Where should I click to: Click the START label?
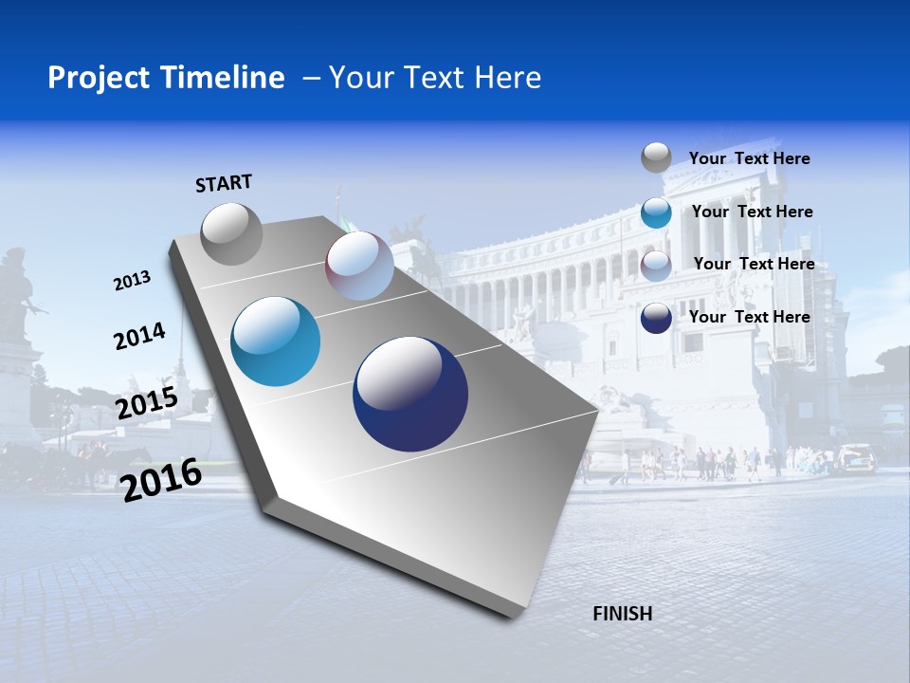tap(224, 183)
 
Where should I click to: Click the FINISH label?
tap(622, 614)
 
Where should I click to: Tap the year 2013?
tap(132, 281)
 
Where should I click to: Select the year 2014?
tap(139, 336)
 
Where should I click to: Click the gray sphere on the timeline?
tap(231, 233)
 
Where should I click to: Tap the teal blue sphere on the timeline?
tap(276, 341)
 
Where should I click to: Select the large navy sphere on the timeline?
tap(410, 394)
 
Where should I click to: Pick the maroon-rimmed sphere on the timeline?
tap(359, 266)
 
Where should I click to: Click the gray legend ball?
tap(656, 157)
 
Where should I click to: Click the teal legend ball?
tap(656, 212)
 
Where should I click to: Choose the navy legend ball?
tap(656, 318)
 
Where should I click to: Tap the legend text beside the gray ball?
tap(749, 158)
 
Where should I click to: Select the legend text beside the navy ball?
tap(749, 317)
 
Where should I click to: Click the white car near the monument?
tap(856, 457)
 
